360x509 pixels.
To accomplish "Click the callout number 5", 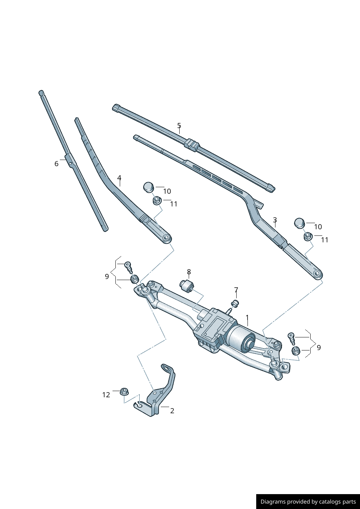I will coord(179,126).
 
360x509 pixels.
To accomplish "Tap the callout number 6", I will coord(56,164).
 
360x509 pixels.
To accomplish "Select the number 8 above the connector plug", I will coord(189,272).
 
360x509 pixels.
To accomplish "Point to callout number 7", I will coord(236,290).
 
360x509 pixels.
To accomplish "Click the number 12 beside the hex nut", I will coord(106,395).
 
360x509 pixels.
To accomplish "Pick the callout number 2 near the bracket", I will coord(172,411).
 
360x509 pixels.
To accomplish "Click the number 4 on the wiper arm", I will coord(119,178).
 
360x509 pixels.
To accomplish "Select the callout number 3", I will coord(275,220).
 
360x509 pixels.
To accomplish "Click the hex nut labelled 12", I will coord(124,391).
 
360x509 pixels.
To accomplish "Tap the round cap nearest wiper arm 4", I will coord(148,187).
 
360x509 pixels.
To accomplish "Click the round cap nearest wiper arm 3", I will coord(299,223).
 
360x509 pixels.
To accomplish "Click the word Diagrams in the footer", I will coord(273,502).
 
